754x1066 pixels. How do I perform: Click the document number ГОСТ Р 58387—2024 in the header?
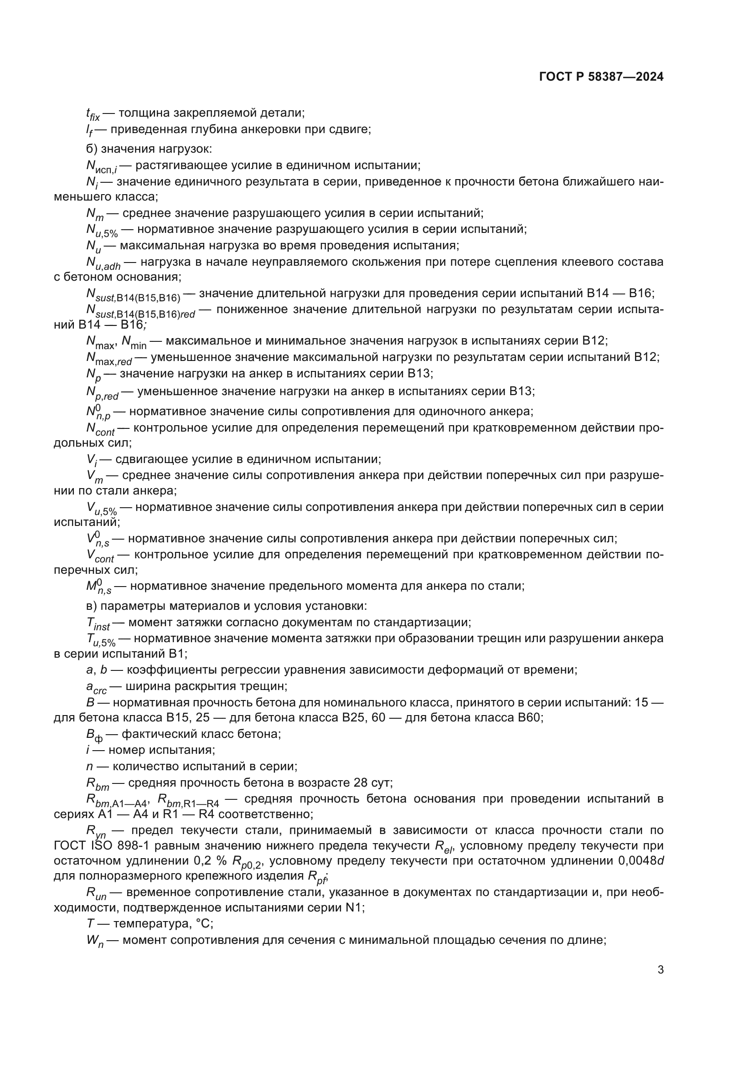601,77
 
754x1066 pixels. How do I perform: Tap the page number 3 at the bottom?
660,970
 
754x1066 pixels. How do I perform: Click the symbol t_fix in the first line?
93,114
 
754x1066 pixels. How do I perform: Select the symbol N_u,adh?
103,263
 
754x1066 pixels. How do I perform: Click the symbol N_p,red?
102,393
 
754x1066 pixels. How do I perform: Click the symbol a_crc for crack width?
96,688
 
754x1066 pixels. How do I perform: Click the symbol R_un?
96,893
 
